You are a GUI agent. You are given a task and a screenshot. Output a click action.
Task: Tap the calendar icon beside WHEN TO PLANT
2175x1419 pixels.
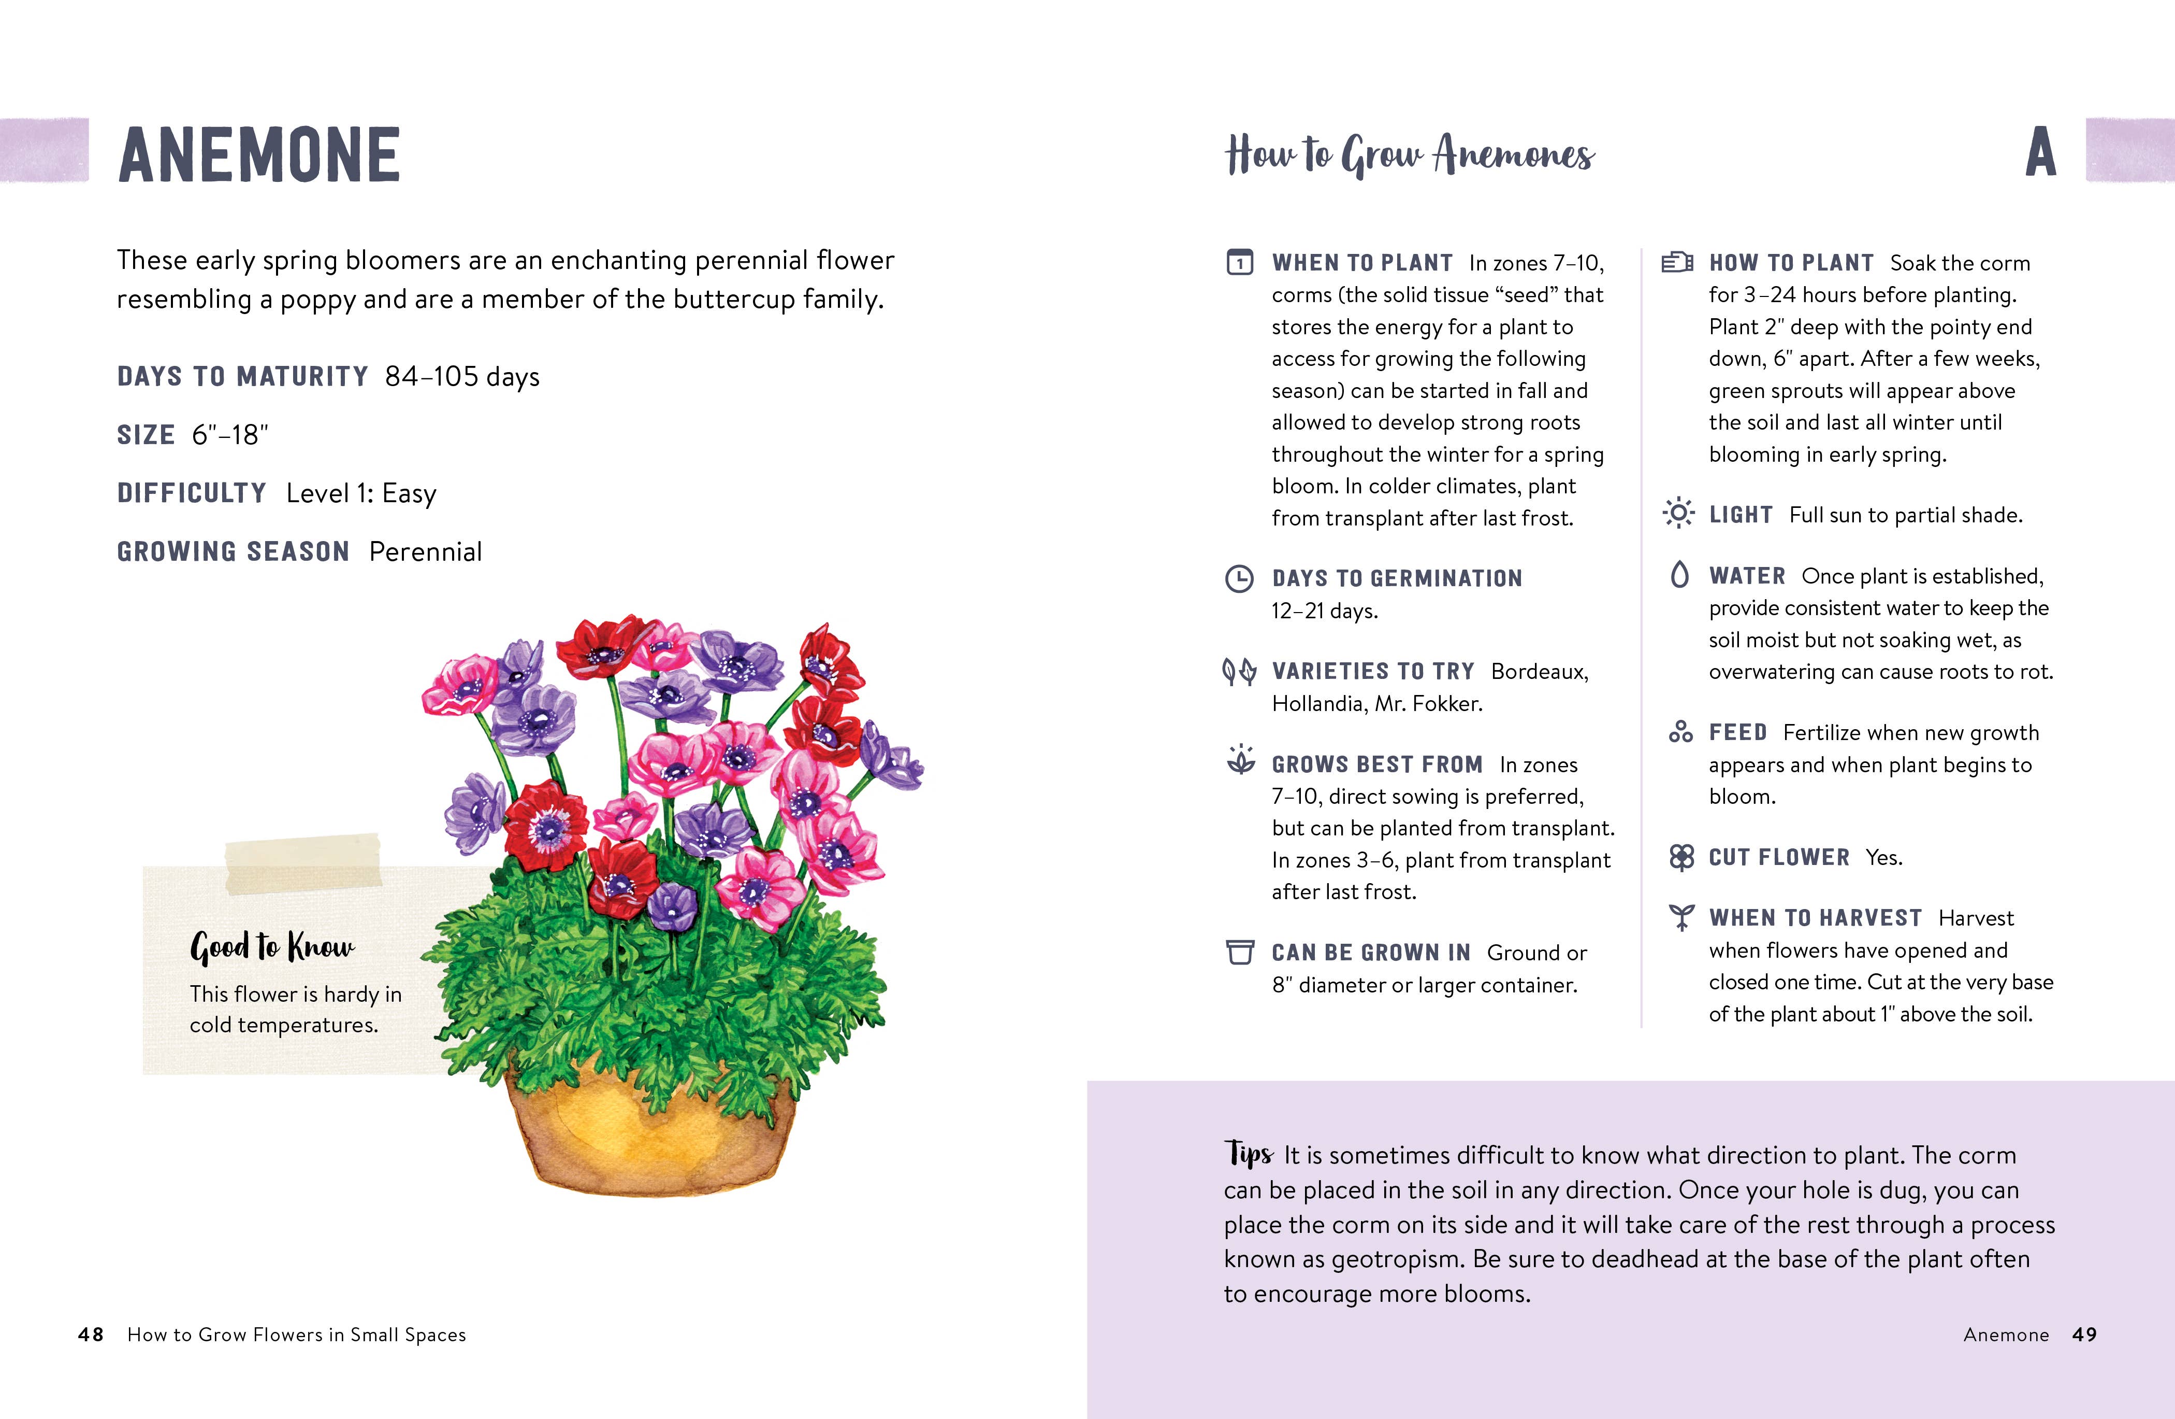1239,262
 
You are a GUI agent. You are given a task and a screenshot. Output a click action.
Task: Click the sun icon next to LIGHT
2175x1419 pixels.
1678,513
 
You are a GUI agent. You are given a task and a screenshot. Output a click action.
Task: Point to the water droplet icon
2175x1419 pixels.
1679,574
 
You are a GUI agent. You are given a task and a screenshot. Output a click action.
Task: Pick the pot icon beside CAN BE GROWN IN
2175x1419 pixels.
1239,952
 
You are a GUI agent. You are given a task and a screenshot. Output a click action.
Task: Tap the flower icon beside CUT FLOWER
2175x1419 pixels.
1681,857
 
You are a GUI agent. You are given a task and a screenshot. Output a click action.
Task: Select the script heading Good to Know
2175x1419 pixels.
272,946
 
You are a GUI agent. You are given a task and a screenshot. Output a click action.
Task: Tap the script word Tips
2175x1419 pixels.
1249,1153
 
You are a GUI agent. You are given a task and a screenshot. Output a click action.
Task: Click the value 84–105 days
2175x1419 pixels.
462,376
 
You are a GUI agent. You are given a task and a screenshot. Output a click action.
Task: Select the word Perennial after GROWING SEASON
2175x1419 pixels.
426,551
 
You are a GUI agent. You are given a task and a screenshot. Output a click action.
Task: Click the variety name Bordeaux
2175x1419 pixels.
1539,671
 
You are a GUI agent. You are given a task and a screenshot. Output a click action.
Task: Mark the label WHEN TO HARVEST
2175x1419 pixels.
1815,917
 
